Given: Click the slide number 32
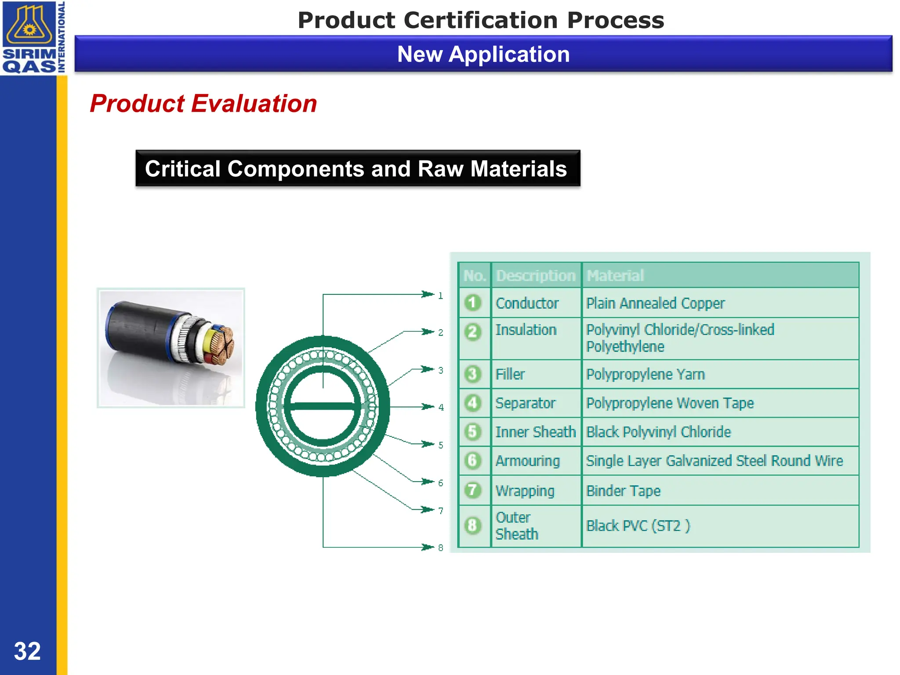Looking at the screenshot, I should [27, 651].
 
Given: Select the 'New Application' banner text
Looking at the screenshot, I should [483, 54].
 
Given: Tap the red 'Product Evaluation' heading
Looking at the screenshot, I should [203, 104].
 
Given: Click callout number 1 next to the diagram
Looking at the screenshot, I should [440, 296].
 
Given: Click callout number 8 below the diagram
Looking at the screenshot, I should [440, 548].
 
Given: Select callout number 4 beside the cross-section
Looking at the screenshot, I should [441, 407].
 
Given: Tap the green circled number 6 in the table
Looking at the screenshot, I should [473, 461].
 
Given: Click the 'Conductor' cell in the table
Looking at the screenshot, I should [527, 303].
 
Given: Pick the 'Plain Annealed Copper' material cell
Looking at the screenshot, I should [655, 303].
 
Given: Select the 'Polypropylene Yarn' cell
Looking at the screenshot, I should [645, 374].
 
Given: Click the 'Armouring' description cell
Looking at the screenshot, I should [527, 461].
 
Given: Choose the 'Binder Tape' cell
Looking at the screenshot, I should [623, 490].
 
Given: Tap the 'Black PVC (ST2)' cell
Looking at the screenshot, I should [638, 526].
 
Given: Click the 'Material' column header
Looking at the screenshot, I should [615, 276].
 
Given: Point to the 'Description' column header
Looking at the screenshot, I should [535, 276].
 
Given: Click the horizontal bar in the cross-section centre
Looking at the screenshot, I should [323, 406].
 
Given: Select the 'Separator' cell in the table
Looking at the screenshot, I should [525, 403].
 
